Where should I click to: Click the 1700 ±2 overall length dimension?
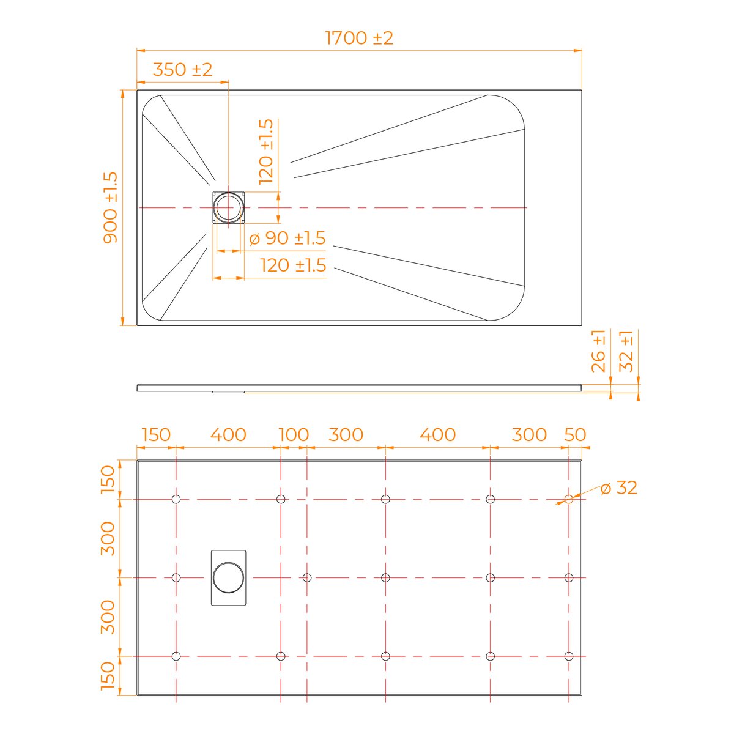click(x=359, y=38)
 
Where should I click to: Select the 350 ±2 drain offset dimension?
click(x=182, y=69)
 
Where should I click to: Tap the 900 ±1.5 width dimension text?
click(x=111, y=207)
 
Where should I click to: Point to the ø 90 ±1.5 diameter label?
click(x=287, y=238)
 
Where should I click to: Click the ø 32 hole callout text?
click(x=618, y=488)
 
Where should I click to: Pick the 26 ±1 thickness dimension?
click(x=598, y=351)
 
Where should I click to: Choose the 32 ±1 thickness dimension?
click(x=626, y=351)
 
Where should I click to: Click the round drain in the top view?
click(x=228, y=207)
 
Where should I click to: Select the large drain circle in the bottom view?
click(x=228, y=578)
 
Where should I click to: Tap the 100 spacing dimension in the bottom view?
click(x=294, y=435)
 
